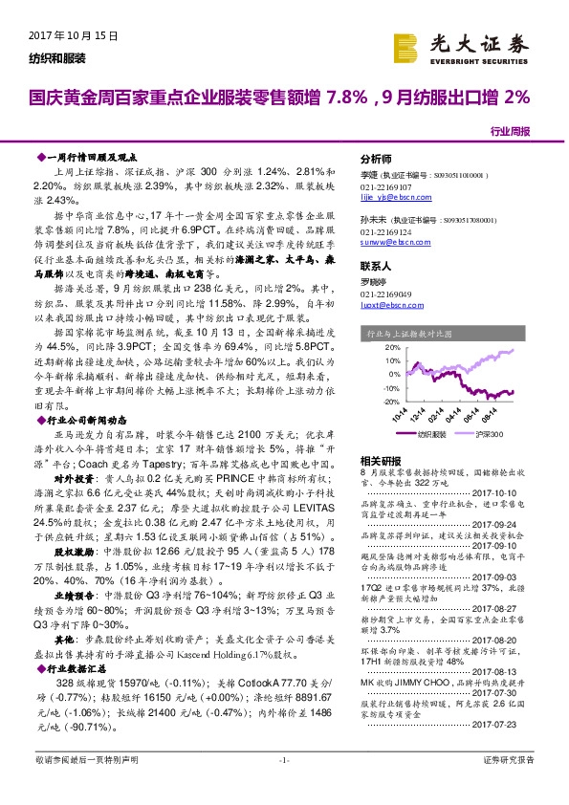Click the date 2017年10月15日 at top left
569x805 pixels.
coord(67,36)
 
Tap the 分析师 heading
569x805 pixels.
coord(376,158)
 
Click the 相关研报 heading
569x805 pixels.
coord(379,460)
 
